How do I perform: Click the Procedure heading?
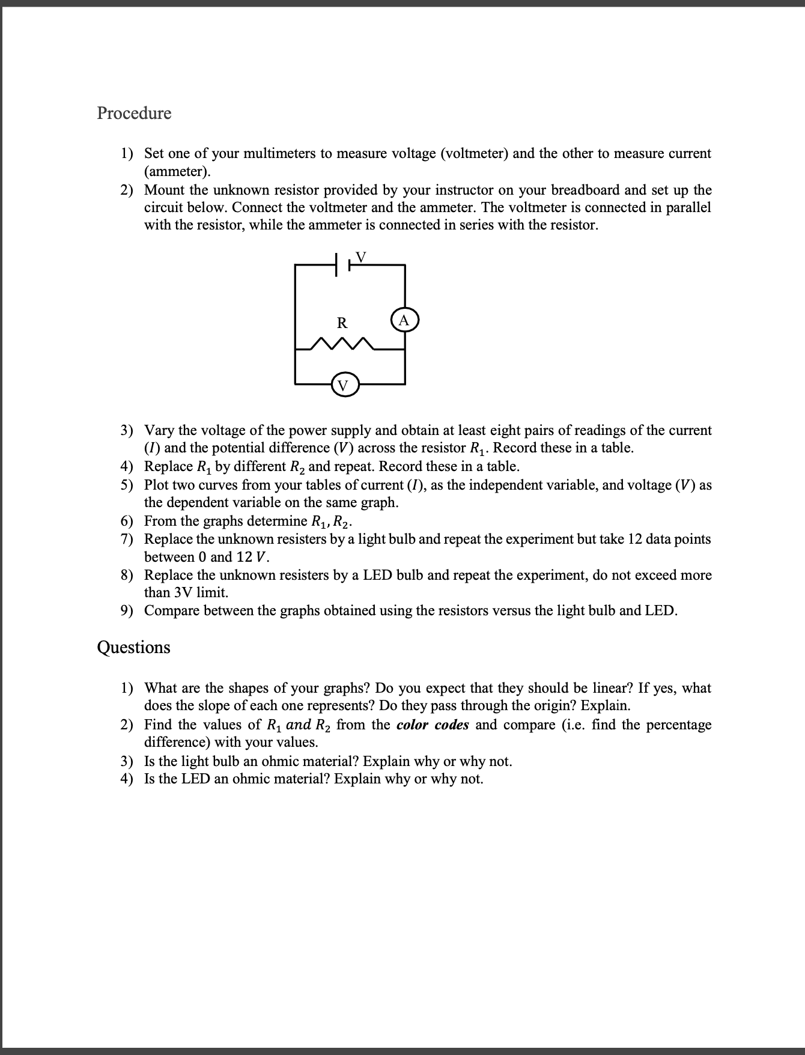(x=134, y=113)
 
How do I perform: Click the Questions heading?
(x=133, y=647)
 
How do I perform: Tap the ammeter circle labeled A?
(x=404, y=320)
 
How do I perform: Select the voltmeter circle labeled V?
(x=343, y=385)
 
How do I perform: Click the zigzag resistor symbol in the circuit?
(x=343, y=344)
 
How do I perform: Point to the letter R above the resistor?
(x=341, y=323)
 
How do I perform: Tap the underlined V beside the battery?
(x=360, y=257)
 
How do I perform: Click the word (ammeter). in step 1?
(x=178, y=172)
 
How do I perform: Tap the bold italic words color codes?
(x=433, y=725)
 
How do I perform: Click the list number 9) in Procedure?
(x=126, y=611)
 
